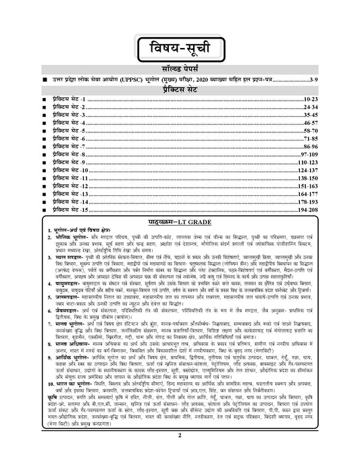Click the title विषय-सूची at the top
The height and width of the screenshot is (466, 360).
click(x=180, y=50)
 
